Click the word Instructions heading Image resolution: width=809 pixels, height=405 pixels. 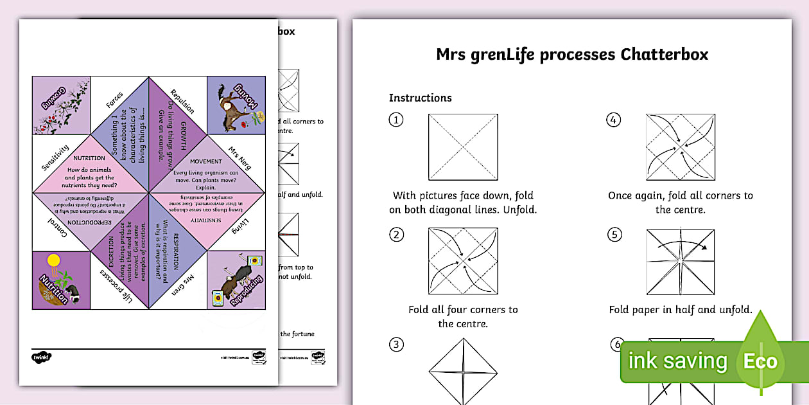click(420, 98)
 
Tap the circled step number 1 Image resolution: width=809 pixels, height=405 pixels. click(397, 120)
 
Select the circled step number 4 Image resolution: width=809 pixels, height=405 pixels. click(614, 120)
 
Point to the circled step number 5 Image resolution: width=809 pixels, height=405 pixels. click(614, 235)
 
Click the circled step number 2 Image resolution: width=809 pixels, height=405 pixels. click(397, 235)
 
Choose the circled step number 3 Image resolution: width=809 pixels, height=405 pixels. click(397, 345)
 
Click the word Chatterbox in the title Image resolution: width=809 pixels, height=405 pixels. click(665, 55)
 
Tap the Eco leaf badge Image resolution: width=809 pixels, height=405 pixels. click(761, 360)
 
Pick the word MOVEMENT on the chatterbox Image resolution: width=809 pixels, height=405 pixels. click(206, 161)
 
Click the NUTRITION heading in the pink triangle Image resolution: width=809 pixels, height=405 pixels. click(90, 158)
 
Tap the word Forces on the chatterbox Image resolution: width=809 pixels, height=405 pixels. click(114, 100)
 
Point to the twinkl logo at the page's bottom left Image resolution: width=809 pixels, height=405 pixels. click(41, 355)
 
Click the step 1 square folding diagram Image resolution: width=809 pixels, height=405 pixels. click(463, 147)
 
